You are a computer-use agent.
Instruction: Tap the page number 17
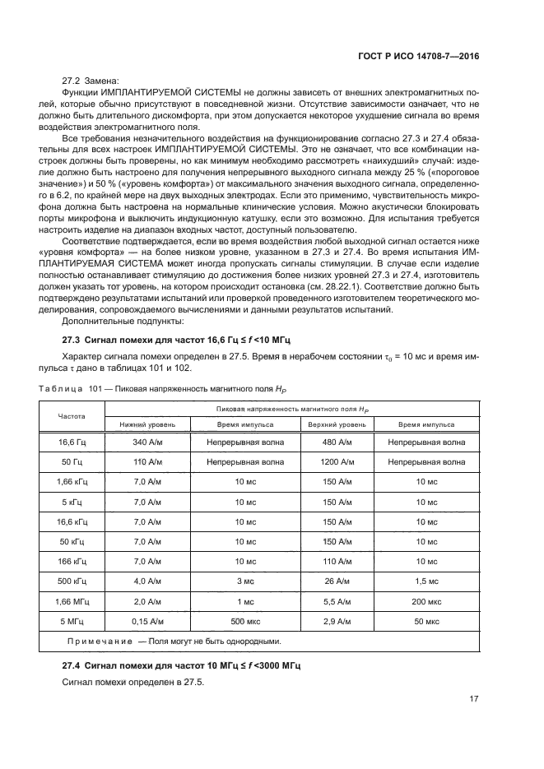click(473, 699)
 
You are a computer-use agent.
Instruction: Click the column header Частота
click(71, 416)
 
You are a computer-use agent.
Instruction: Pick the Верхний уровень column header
click(326, 424)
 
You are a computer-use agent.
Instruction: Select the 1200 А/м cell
click(326, 462)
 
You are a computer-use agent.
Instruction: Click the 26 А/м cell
click(326, 581)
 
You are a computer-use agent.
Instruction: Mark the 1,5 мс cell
click(426, 581)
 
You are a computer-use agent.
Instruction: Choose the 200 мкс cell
click(426, 600)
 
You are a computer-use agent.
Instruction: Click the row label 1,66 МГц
click(71, 600)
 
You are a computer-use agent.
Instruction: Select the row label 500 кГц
click(71, 581)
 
